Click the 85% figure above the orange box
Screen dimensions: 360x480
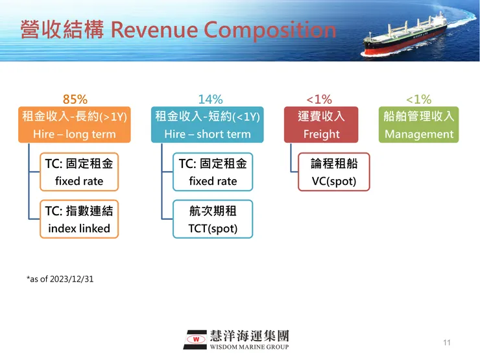click(75, 99)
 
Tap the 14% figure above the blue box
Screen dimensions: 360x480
click(210, 99)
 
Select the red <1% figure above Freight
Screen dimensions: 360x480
click(318, 99)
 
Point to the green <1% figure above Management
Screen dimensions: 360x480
click(418, 99)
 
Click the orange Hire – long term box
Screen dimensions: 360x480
click(75, 125)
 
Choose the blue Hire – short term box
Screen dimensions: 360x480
click(208, 125)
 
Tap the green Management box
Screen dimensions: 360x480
click(418, 125)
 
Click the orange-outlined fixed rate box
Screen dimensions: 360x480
click(79, 172)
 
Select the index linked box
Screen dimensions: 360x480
click(79, 219)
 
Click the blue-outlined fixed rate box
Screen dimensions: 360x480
click(213, 172)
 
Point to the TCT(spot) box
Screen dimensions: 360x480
click(213, 219)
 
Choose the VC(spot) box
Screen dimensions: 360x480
click(333, 172)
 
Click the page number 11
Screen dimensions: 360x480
click(446, 342)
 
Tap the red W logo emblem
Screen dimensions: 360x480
click(195, 339)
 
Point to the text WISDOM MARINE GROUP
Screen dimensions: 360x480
click(249, 346)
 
